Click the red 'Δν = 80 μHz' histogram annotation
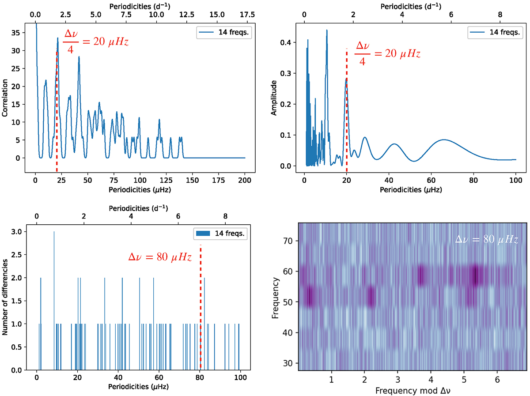tap(160, 257)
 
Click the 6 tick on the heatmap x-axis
tap(497, 380)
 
